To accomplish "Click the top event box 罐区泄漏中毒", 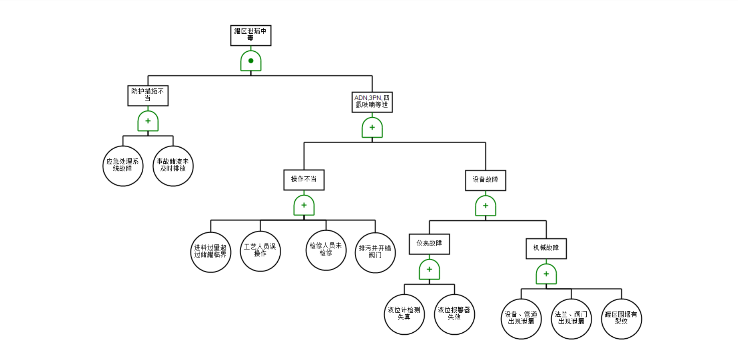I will (250, 35).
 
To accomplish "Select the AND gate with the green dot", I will (251, 61).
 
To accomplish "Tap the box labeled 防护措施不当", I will (148, 96).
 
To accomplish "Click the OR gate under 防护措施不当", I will (148, 121).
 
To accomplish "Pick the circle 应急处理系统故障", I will (123, 166).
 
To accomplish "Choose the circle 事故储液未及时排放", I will (173, 166).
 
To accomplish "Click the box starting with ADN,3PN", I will (372, 102).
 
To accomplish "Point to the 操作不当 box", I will (304, 180).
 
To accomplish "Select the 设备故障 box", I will (485, 180).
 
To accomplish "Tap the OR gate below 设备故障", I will (485, 206).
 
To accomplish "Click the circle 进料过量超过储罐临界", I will (211, 252).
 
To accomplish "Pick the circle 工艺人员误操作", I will (260, 251).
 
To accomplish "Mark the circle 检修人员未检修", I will (326, 250).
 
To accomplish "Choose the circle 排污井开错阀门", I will (375, 252).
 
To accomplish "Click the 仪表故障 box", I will (429, 244).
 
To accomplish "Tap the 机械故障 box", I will (546, 248).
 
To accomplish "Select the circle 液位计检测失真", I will (404, 314).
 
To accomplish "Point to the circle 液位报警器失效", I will (454, 314).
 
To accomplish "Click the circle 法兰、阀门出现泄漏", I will (571, 319).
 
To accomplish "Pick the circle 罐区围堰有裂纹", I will (621, 319).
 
